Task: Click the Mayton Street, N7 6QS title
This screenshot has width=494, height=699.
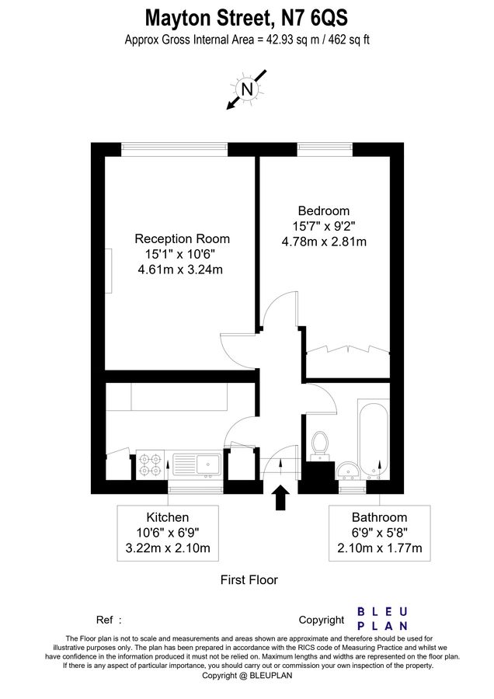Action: pos(246,17)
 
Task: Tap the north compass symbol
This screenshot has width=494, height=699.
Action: pos(247,89)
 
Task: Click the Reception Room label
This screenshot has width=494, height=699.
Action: pos(182,238)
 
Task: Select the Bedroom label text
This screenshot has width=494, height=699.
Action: pos(324,210)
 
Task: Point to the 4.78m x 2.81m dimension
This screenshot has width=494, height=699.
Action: pos(324,242)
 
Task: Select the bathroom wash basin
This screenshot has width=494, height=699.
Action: pos(347,470)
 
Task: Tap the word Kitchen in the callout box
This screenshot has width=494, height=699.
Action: pos(168,517)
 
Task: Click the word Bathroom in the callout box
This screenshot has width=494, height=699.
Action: pos(379,517)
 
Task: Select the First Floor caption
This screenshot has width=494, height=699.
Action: pos(249,579)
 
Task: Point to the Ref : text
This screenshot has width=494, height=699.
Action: pos(109,620)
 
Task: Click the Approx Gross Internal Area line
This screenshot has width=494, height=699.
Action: pos(246,40)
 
